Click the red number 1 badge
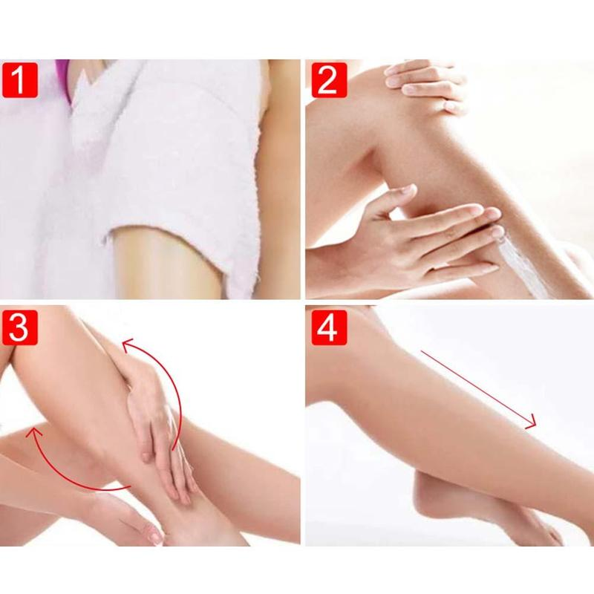click(x=20, y=80)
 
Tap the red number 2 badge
click(x=329, y=80)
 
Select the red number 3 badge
click(x=20, y=327)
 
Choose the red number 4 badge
click(x=329, y=327)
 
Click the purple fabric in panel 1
click(x=62, y=78)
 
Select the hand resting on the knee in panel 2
click(x=424, y=85)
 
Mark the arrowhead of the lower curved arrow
click(x=32, y=432)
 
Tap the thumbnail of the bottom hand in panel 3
click(x=156, y=536)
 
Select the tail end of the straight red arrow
click(x=421, y=351)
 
